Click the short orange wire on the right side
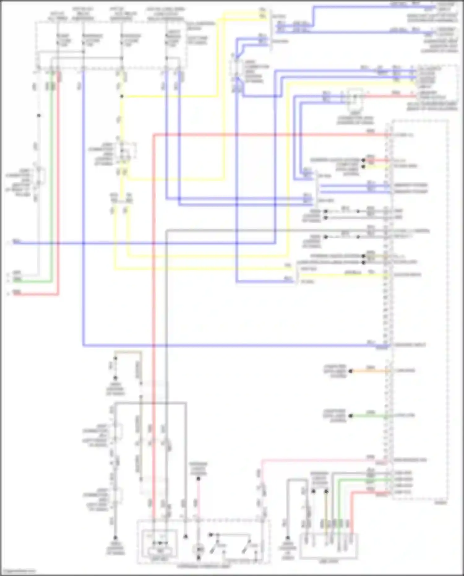[x=370, y=371]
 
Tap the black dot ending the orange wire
[x=351, y=371]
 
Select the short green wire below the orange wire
[x=370, y=416]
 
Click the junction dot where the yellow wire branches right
[x=122, y=96]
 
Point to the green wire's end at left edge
[x=14, y=281]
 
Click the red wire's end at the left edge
[x=14, y=294]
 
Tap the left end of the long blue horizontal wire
[x=14, y=243]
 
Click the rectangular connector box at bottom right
[x=329, y=546]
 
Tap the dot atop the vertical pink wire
[x=198, y=479]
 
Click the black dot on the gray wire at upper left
[x=39, y=115]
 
